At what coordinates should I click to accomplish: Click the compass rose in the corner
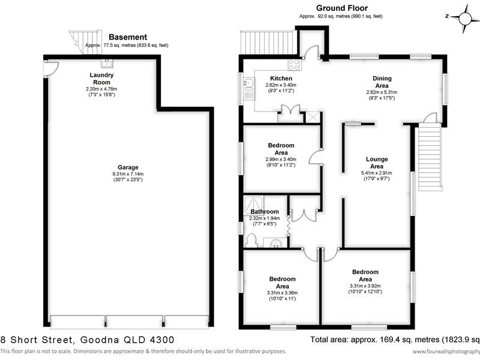[461, 16]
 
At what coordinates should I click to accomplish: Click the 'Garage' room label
[128, 167]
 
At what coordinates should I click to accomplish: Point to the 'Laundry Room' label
[102, 79]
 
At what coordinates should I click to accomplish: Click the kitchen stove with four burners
[295, 64]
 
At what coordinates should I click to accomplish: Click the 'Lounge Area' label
[377, 163]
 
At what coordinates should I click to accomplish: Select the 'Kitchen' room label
[281, 79]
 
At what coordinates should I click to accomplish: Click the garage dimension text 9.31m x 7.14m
[128, 175]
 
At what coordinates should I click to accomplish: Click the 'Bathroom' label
[265, 212]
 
